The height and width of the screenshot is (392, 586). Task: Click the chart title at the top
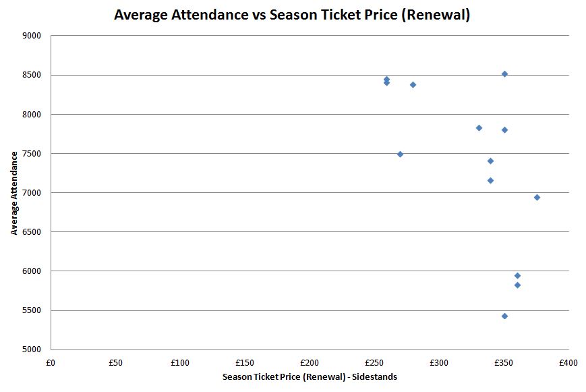coord(292,15)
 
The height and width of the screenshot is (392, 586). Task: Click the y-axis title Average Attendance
coord(14,193)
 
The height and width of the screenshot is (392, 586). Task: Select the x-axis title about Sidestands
coord(310,377)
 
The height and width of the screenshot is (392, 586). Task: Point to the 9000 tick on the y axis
coord(32,36)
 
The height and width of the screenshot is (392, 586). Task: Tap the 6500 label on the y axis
coord(32,232)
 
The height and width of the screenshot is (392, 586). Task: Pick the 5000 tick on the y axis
coord(32,349)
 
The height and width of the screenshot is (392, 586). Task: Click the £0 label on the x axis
coord(51,363)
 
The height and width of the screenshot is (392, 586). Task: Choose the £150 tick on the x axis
coord(245,363)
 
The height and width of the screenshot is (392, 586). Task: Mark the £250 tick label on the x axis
coord(374,363)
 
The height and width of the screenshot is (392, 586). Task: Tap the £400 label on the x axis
coord(568,363)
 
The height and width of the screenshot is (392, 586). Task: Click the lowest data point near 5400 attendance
coord(504,316)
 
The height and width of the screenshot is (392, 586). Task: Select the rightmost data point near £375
coord(537,197)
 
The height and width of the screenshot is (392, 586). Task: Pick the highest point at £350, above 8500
coord(504,74)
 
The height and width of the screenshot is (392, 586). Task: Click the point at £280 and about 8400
coord(413,84)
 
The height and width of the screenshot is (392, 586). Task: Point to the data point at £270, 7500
coord(400,154)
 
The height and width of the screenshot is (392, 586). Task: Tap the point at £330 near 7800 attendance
coord(479,128)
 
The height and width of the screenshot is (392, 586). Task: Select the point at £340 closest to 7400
coord(490,161)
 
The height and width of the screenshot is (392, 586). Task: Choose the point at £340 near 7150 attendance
coord(490,180)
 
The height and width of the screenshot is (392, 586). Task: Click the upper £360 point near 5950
coord(517,275)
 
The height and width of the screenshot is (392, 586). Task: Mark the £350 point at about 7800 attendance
coord(504,130)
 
